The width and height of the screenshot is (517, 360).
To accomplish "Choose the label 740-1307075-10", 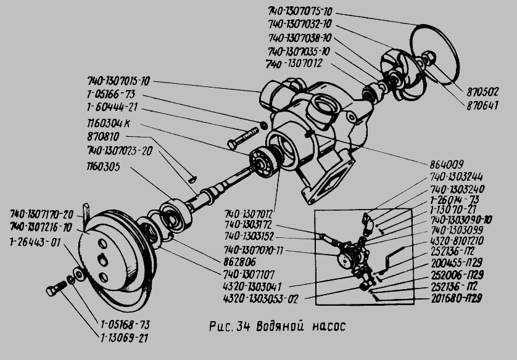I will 300,12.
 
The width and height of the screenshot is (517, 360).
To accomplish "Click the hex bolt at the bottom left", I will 57,287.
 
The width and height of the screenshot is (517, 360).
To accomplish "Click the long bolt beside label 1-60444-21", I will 244,137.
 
